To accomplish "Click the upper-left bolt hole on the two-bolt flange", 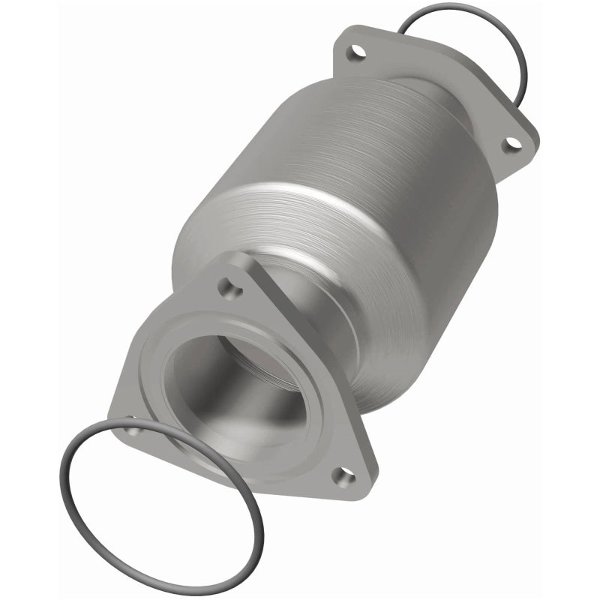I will (x=355, y=53).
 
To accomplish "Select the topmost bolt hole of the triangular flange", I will (x=227, y=286).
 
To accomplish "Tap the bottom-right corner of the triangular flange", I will (x=360, y=487).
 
